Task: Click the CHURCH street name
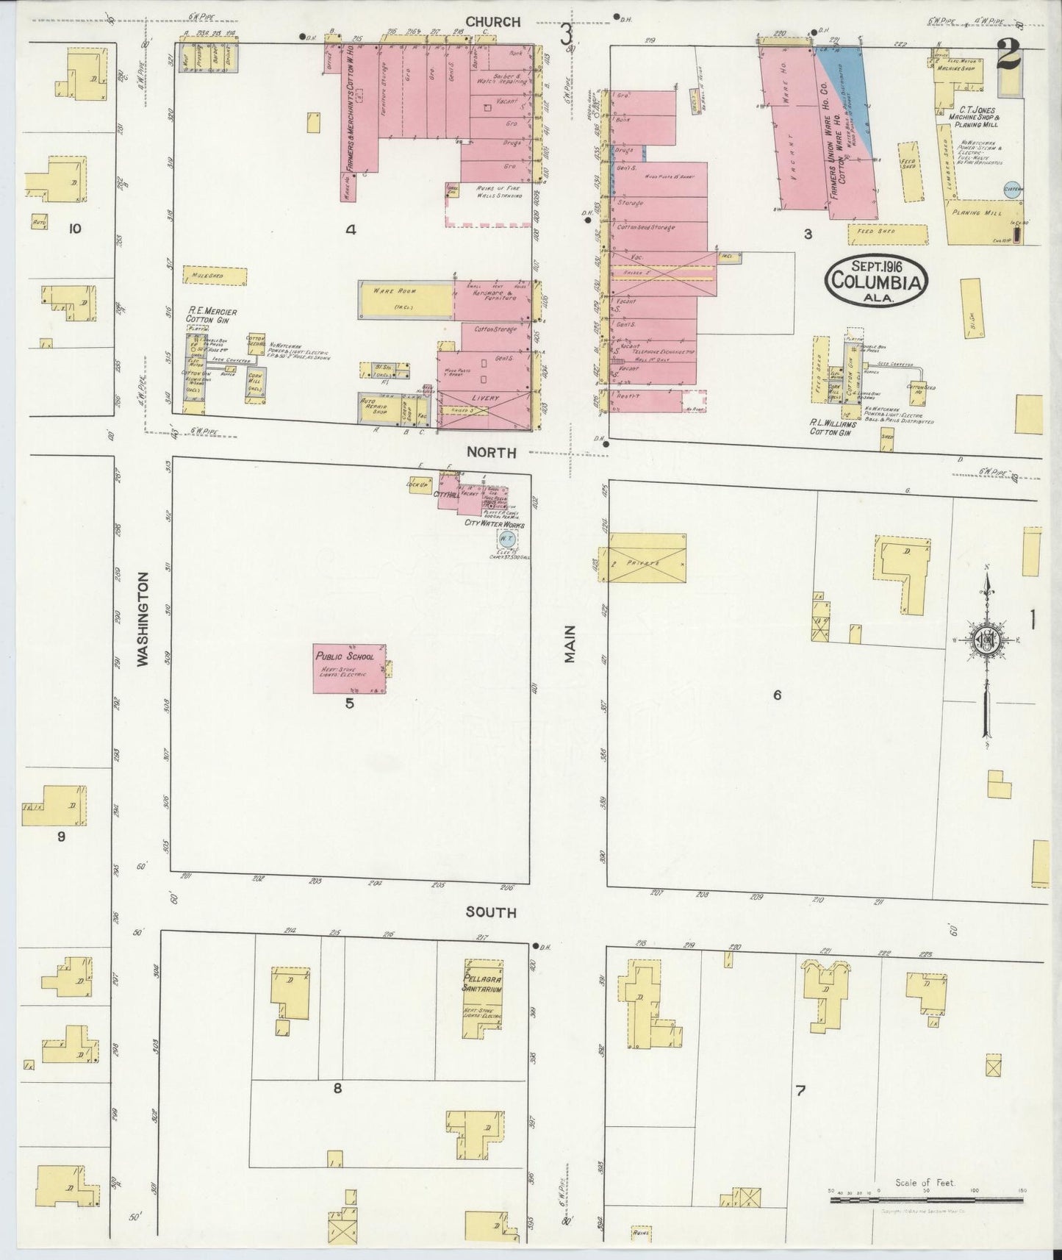[x=498, y=23]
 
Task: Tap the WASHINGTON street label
[x=143, y=620]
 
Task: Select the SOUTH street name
[x=490, y=912]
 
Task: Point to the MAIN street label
[x=570, y=644]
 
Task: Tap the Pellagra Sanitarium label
[x=482, y=984]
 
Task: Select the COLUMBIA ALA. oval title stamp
[x=877, y=279]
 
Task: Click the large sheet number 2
[x=1008, y=54]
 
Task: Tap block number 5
[x=350, y=704]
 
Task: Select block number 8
[x=337, y=1089]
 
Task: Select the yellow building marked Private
[x=644, y=564]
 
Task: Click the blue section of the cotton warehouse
[x=853, y=96]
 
